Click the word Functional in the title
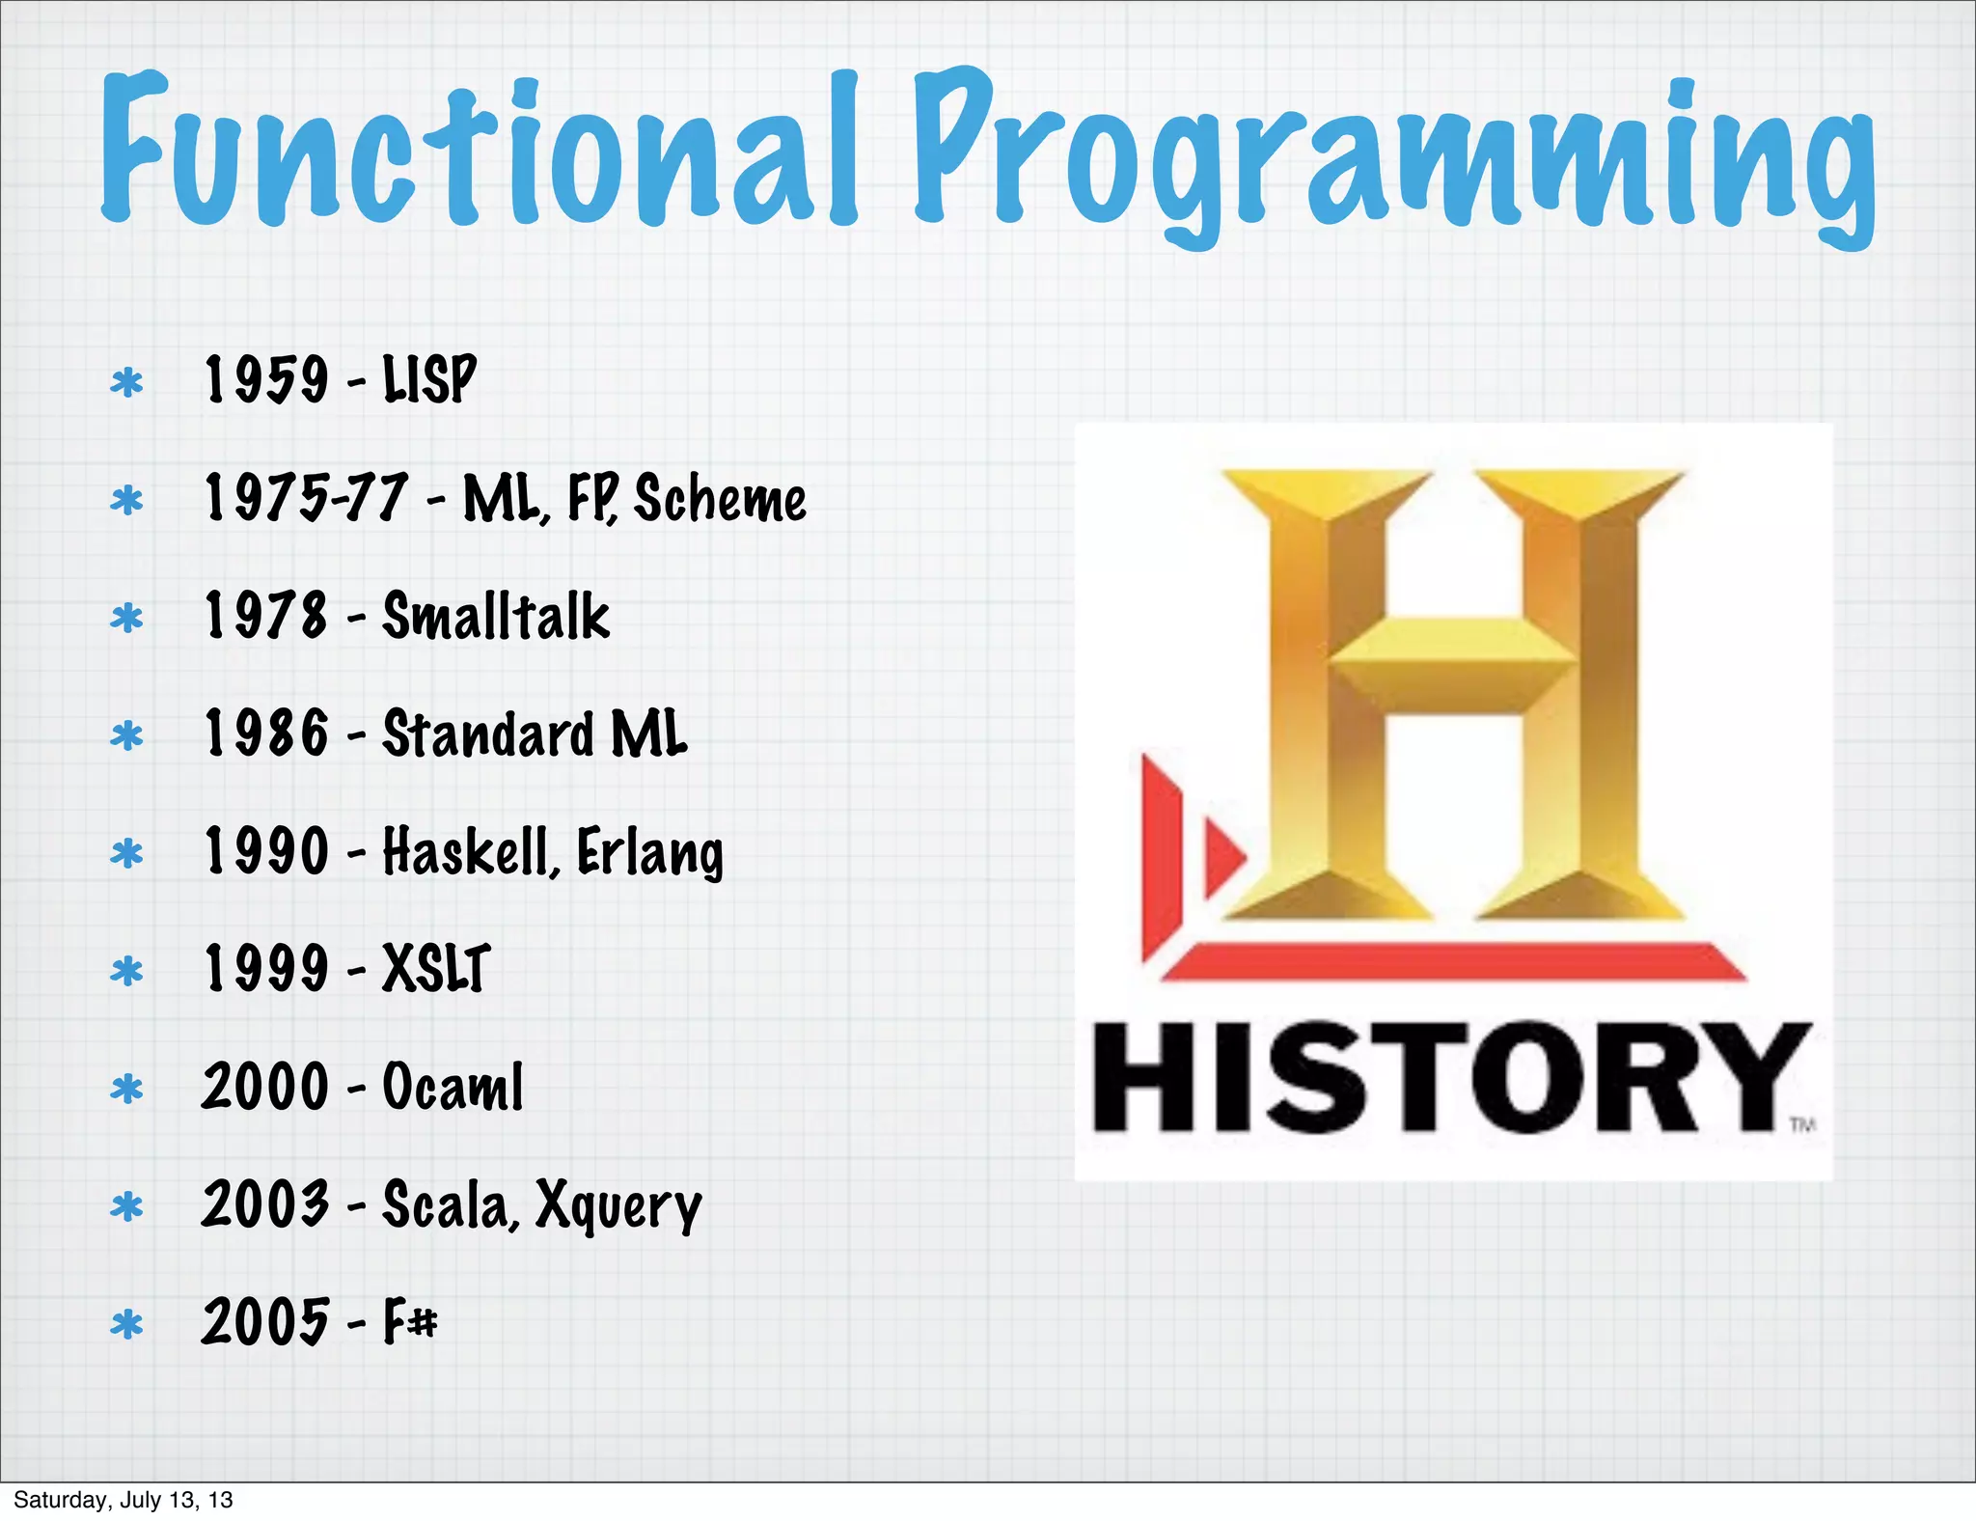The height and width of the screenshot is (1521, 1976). [478, 150]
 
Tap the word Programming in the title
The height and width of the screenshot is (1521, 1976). [1394, 154]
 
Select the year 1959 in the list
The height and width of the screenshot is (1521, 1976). [266, 378]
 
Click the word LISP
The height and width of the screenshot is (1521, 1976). [429, 378]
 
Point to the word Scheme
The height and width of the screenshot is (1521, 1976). [720, 499]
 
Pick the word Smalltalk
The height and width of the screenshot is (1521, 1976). [496, 617]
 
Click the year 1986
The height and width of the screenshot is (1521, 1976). [266, 733]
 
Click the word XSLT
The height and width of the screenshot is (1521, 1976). [436, 968]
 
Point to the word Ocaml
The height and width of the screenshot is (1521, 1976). [453, 1087]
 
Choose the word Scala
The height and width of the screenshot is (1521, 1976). [451, 1205]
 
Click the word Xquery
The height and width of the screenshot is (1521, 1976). [618, 1207]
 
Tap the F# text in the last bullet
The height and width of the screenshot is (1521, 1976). [410, 1321]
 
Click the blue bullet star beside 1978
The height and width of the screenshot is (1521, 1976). [126, 618]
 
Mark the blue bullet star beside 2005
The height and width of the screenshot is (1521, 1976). [126, 1324]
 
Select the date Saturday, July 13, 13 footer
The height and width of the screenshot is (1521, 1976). [123, 1500]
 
